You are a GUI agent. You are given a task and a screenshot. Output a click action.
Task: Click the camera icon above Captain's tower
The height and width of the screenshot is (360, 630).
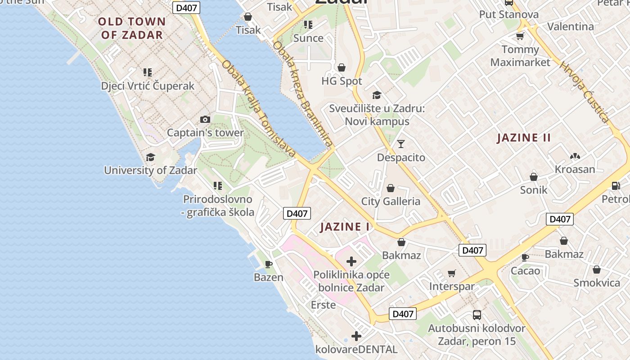tap(205, 119)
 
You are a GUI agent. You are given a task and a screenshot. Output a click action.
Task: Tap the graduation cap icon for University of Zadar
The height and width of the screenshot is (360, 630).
tap(150, 157)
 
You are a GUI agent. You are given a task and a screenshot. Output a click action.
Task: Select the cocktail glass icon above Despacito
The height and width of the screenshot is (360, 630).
tap(400, 144)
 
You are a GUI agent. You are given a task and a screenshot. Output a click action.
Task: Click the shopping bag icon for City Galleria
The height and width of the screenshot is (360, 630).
tap(391, 188)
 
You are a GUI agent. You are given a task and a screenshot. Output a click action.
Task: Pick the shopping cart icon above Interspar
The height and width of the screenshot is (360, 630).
tap(452, 274)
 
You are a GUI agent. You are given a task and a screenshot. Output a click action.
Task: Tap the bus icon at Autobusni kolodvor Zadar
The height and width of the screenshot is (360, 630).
tap(477, 315)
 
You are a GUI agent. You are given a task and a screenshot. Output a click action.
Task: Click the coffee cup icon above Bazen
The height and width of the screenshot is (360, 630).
tap(269, 264)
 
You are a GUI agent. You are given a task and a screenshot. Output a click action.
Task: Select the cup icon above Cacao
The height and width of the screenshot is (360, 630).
tap(525, 257)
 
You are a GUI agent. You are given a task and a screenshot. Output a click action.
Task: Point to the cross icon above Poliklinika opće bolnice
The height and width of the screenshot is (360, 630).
tap(351, 261)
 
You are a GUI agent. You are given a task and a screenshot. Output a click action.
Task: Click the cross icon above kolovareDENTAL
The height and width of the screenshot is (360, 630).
tap(356, 336)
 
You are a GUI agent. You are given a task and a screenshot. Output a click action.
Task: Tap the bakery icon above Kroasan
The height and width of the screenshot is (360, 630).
tap(575, 156)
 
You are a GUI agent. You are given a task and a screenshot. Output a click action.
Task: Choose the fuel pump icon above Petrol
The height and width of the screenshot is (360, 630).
tap(616, 185)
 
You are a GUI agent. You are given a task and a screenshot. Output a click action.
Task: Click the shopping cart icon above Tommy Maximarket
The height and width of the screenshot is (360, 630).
tap(520, 36)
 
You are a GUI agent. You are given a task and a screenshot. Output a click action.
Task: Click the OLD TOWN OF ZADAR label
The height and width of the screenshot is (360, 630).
tap(132, 28)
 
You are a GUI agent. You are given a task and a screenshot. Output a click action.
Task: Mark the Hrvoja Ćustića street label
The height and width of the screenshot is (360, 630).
tap(584, 92)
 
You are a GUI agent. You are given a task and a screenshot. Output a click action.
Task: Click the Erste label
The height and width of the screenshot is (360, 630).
tap(323, 305)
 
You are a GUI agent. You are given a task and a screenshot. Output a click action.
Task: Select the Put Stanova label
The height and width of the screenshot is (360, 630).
tap(508, 14)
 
